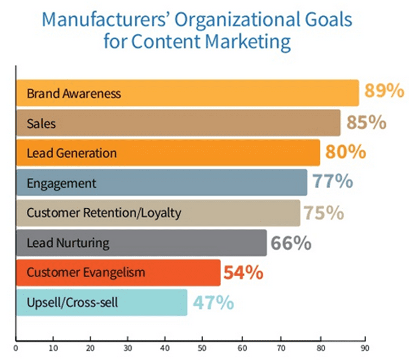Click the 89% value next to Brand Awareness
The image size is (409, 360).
tap(383, 91)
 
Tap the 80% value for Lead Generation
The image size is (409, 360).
tap(345, 152)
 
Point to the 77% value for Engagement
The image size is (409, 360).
tap(332, 182)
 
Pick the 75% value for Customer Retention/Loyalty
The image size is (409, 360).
tap(324, 212)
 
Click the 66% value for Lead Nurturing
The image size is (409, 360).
tap(291, 243)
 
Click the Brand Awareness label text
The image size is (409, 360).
tap(74, 94)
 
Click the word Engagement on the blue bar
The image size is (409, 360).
tap(61, 183)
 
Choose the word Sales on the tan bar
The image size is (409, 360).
tap(41, 123)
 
